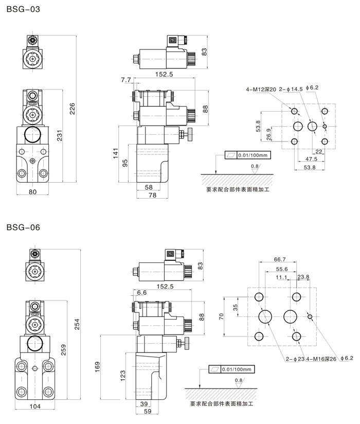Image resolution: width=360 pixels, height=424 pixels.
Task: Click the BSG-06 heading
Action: (x=23, y=227)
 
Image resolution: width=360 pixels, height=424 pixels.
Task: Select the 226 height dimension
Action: (x=73, y=109)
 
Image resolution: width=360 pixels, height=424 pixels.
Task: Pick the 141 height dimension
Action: (x=116, y=153)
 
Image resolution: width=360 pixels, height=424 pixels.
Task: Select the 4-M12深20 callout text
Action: (x=261, y=89)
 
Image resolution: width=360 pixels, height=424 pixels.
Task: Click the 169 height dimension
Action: (x=97, y=366)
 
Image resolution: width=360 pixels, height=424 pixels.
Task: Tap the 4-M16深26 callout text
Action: (x=321, y=359)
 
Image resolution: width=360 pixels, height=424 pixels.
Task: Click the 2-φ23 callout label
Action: (x=293, y=359)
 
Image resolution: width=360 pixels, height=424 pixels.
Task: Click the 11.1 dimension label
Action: (x=281, y=277)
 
